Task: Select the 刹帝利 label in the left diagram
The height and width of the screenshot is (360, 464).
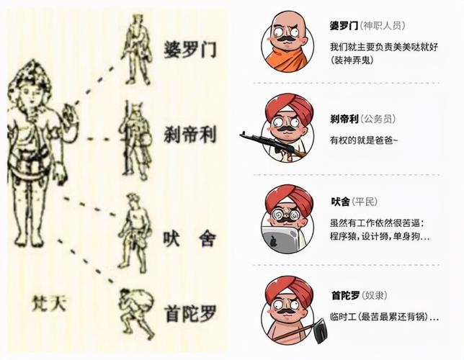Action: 189,135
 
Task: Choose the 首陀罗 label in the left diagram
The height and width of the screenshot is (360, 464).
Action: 189,312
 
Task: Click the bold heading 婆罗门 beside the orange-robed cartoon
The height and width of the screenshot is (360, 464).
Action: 344,26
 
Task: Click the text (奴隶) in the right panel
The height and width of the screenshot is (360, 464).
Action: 379,294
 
